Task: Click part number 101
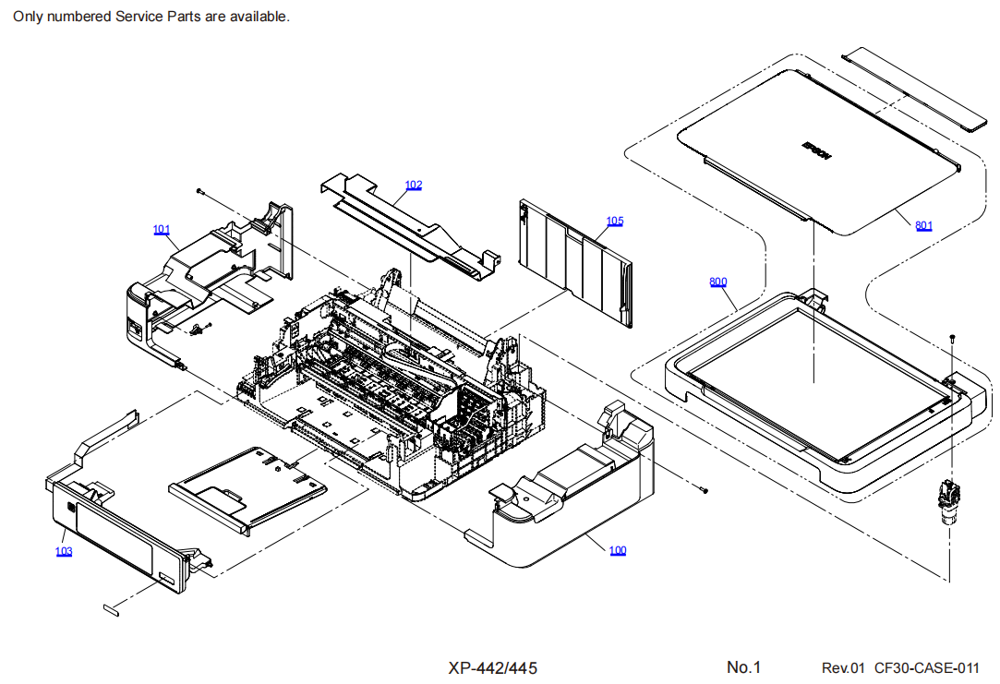click(x=162, y=229)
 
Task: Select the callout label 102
click(x=414, y=186)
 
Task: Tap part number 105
click(x=615, y=221)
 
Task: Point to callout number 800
click(x=718, y=282)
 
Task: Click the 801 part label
click(x=924, y=225)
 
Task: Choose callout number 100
click(x=618, y=550)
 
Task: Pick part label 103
click(x=64, y=551)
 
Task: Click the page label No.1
click(x=743, y=667)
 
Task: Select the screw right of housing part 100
click(x=705, y=490)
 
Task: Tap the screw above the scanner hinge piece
click(x=952, y=338)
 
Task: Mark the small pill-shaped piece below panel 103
click(x=111, y=608)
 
